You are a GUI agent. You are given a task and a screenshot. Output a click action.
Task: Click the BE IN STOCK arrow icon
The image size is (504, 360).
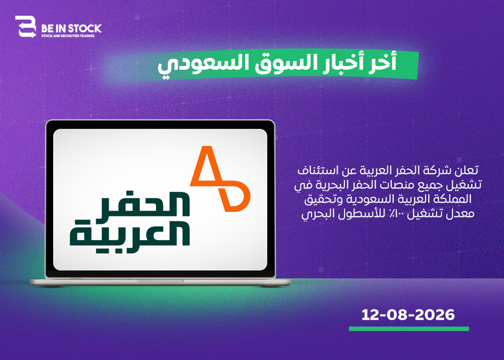click(x=26, y=27)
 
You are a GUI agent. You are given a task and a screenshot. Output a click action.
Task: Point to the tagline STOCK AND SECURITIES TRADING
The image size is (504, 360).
click(x=68, y=36)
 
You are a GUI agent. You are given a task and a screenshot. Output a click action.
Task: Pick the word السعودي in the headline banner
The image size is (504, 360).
click(x=203, y=64)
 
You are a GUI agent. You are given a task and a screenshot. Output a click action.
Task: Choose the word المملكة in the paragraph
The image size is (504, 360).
click(x=454, y=199)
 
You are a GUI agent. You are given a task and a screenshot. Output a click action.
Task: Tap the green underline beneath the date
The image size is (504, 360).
click(x=409, y=329)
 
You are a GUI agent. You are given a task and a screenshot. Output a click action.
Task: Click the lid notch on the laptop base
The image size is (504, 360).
click(x=160, y=281)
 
